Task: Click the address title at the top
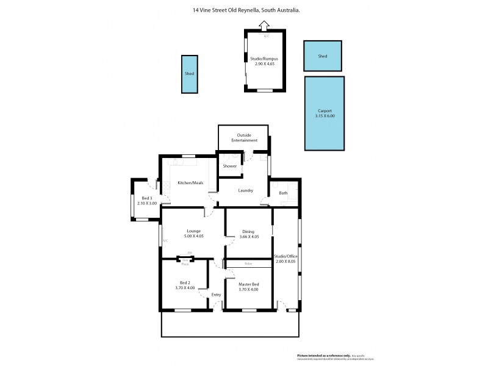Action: [246, 10]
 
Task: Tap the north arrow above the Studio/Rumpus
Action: [264, 26]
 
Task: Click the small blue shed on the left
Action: [190, 74]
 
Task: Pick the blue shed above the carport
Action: [323, 56]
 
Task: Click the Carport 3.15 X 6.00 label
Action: [325, 113]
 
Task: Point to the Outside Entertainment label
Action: [243, 137]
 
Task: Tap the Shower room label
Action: [230, 166]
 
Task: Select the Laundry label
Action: [246, 190]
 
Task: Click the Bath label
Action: [283, 193]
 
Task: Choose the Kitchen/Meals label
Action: [190, 183]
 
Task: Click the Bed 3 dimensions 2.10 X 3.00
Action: [146, 203]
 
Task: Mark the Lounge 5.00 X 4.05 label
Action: [193, 234]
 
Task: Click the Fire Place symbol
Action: [185, 260]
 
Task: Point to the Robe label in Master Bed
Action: [248, 264]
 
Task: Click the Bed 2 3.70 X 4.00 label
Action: [184, 285]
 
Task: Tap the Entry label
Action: [216, 295]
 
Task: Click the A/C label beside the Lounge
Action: [165, 241]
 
